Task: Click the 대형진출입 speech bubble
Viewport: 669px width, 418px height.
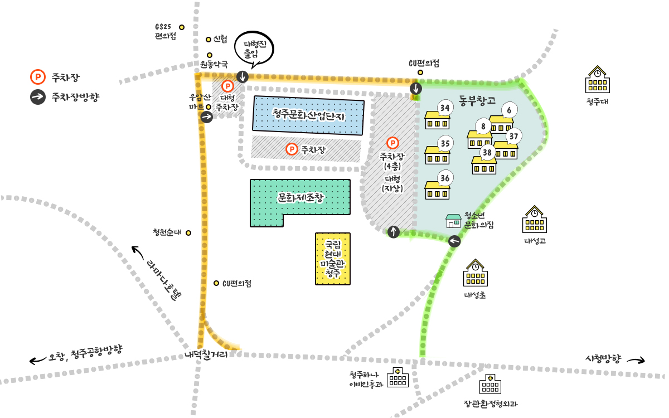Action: point(254,48)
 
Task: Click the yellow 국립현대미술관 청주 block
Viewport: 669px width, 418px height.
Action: point(333,259)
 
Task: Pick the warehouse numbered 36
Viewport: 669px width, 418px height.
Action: point(437,190)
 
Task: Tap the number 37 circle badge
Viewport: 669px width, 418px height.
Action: point(514,135)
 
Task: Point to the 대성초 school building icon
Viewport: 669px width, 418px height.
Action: point(475,274)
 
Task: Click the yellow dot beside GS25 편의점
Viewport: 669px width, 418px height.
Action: point(181,27)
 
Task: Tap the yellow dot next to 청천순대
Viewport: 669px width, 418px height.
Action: point(188,233)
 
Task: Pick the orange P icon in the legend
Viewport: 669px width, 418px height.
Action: point(37,76)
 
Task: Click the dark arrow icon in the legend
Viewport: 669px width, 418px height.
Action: point(37,96)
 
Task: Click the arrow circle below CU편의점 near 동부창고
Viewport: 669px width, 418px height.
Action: point(416,89)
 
